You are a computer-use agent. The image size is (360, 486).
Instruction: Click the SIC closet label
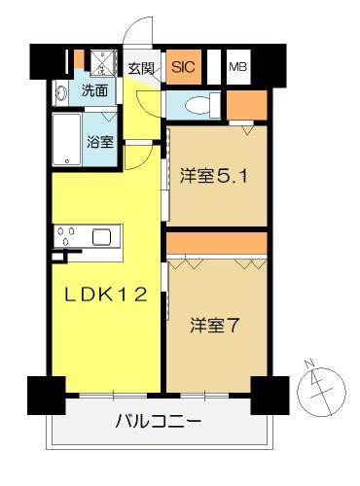point(184,67)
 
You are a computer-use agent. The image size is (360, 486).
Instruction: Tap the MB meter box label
point(238,67)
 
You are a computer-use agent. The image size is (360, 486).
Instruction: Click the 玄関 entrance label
point(141,68)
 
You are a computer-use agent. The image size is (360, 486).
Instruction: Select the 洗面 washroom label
point(94,90)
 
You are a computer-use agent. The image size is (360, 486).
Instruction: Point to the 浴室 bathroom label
point(100,142)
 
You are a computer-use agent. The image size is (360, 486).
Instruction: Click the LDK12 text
point(107,295)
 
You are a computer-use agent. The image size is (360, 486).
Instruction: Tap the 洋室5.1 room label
point(214,176)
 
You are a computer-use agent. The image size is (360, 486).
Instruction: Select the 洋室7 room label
point(215,326)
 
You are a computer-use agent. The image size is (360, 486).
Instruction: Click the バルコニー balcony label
point(159,421)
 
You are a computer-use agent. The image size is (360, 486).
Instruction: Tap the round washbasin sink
point(61,93)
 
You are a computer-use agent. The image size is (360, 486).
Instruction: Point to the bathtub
point(67,140)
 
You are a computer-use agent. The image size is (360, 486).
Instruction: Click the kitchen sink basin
point(102,237)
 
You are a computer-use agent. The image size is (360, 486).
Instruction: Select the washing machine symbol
point(102,63)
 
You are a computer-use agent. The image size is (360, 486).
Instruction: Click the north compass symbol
point(322,389)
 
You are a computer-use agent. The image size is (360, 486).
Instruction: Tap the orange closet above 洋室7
point(217,244)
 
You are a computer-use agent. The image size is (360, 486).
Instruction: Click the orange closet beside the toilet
point(247,105)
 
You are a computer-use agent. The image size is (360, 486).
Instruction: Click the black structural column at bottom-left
point(47,396)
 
